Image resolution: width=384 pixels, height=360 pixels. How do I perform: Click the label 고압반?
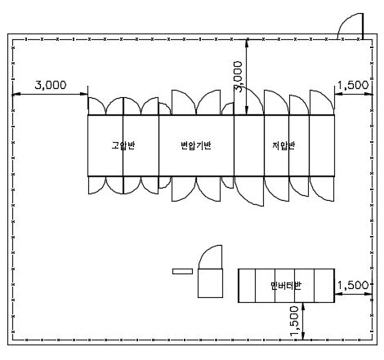[123, 145]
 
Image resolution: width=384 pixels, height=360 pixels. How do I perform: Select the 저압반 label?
[284, 145]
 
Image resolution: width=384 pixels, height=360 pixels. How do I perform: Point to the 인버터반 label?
[286, 285]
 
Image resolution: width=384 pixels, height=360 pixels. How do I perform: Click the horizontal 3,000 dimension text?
[51, 85]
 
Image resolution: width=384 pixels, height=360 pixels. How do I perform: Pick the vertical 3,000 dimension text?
[238, 77]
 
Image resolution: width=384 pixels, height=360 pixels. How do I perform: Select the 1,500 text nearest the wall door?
[353, 85]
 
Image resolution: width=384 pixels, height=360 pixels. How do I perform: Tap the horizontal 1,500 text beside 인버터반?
[353, 285]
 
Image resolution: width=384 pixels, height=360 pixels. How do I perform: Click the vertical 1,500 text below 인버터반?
[294, 321]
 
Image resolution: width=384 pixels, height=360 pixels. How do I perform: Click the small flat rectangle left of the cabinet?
[183, 271]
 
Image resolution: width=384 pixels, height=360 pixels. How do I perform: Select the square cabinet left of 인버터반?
[210, 283]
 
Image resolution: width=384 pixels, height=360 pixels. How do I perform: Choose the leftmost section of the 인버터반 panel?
[247, 286]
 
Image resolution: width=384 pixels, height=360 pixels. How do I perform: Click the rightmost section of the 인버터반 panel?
[324, 286]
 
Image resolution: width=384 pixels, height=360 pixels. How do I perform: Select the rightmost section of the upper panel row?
[322, 145]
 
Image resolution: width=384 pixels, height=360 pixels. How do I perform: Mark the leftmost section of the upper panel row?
[105, 145]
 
